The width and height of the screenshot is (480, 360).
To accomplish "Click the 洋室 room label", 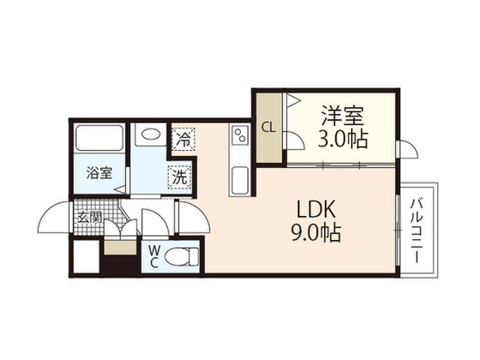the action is coord(342,116).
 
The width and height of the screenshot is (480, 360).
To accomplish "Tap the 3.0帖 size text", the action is coord(343,139).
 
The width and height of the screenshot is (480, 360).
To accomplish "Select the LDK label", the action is coord(316,209).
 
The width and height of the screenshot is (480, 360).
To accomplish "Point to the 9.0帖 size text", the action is coord(316,232).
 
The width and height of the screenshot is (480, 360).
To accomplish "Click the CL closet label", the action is coord(268,127).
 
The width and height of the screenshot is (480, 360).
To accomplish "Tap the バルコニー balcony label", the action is coord(417,230).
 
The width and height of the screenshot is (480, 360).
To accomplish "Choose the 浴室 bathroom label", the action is coord(99,173).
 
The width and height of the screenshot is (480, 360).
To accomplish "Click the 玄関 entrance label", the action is coord(89,217).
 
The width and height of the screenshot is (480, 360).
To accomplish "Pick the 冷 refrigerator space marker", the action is coord(184,139).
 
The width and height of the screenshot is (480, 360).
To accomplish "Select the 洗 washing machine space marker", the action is coord(179,177).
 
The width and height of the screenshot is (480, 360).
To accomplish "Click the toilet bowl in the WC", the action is coord(181,256).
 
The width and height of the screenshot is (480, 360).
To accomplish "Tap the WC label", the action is coord(154,256).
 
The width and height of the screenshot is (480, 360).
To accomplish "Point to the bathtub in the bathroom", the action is coord(99,137).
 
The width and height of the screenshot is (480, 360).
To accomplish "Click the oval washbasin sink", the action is coord(151,133).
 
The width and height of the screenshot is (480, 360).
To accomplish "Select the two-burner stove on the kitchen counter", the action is coord(240,135).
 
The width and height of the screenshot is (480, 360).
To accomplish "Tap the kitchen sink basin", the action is coord(240,180).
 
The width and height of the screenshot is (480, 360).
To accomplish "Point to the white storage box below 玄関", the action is coord(87,256).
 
